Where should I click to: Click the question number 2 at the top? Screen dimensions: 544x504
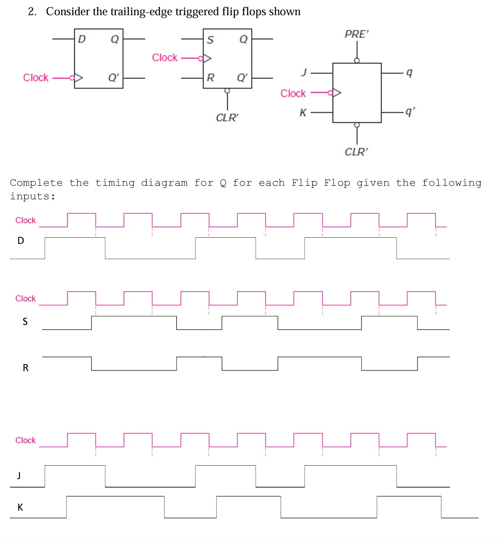pos(32,12)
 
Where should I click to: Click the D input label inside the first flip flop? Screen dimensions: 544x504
pos(82,39)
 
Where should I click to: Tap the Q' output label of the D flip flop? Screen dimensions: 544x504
pos(113,78)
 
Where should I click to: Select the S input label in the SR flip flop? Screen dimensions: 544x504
pos(210,40)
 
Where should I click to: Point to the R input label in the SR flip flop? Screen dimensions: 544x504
pos(210,78)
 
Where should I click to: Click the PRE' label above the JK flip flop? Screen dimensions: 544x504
pos(356,34)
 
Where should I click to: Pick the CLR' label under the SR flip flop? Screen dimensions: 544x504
pos(227,118)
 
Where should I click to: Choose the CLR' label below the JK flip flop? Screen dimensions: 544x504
pos(356,152)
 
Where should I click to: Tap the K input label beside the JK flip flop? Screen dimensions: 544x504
pos(303,113)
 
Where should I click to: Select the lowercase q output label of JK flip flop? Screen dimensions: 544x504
pos(409,73)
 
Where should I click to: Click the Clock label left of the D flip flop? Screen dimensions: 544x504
pos(36,78)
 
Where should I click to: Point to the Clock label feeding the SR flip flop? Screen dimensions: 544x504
pos(164,58)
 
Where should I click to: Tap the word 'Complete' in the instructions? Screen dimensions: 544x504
pos(36,183)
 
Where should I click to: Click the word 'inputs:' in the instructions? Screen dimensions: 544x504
pos(32,196)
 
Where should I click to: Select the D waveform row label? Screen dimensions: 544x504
pos(21,241)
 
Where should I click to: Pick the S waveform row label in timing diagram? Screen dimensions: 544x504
pos(25,322)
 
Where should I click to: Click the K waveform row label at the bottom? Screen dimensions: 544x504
pos(20,507)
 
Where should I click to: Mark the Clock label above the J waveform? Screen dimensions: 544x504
pos(25,440)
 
